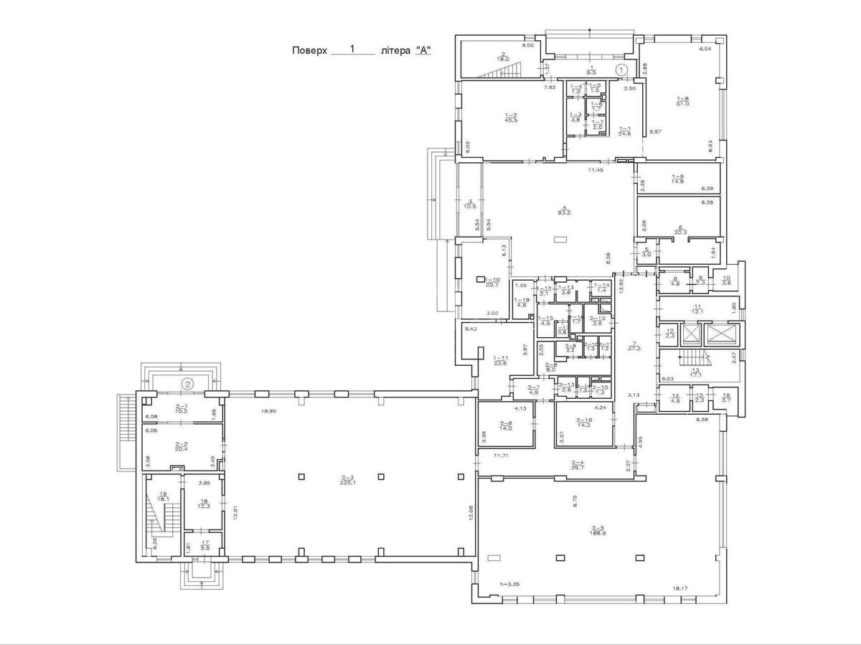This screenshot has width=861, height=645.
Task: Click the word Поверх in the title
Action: coord(309,51)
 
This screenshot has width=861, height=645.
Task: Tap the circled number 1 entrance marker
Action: coord(623,69)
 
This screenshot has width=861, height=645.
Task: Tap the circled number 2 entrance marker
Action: coord(188,383)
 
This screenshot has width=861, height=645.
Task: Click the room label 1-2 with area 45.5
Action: coord(511,118)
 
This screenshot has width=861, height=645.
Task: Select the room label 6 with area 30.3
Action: coord(681,230)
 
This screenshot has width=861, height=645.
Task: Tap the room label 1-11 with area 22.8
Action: coord(500,360)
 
